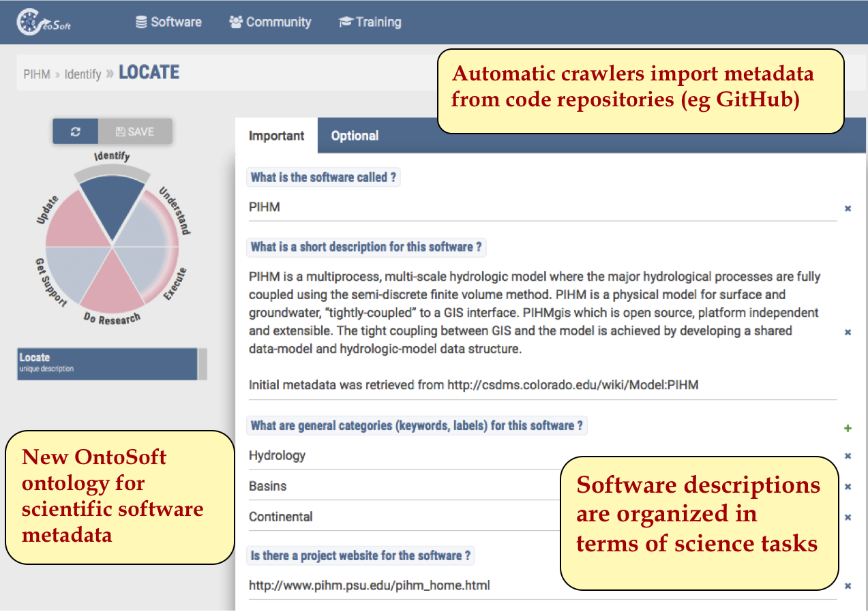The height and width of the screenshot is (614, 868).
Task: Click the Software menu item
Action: point(168,22)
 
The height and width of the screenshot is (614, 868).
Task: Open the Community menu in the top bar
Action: point(270,22)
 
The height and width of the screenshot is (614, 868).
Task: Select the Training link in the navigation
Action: point(370,22)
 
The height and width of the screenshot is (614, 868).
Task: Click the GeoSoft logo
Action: point(44,22)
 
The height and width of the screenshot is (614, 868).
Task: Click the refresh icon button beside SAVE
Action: point(76,132)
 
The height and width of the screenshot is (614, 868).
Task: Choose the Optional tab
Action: point(355,136)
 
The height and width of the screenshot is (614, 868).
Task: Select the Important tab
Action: point(276,136)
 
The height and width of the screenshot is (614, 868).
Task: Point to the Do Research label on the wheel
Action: point(112,318)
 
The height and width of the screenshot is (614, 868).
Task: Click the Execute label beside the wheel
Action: point(175,284)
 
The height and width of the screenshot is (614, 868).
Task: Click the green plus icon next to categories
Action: point(848,428)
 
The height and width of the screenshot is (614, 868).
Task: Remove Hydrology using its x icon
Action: point(848,456)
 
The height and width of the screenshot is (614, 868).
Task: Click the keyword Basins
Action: point(267,486)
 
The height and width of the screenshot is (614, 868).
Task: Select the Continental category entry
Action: point(280,517)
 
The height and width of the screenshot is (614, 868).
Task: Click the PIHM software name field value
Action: point(265,207)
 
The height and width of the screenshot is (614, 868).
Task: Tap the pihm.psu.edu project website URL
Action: point(370,585)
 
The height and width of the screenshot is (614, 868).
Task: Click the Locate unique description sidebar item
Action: point(107,364)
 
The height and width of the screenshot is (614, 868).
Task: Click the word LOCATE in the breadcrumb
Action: point(149,72)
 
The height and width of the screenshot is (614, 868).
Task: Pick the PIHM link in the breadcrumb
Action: point(37,74)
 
